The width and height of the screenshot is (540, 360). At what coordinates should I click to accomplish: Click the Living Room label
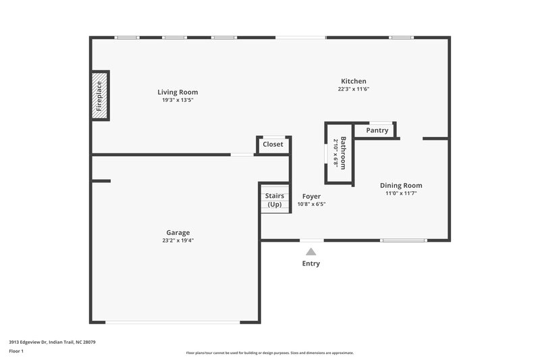[x=178, y=92]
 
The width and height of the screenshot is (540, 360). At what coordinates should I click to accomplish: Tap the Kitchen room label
[x=353, y=81]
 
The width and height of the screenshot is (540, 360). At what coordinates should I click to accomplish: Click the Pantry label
[x=377, y=130]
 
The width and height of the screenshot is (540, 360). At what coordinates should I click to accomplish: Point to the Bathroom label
[x=344, y=153]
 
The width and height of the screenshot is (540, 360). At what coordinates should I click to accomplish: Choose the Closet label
[x=273, y=145]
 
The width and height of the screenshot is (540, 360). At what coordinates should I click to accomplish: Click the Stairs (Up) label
[x=275, y=200]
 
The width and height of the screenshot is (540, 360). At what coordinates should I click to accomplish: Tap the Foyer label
[x=311, y=197]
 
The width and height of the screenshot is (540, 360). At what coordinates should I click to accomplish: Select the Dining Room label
[x=401, y=185]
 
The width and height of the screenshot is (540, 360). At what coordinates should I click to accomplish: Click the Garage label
[x=178, y=232]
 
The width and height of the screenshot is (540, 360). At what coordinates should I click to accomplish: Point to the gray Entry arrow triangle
[x=311, y=251]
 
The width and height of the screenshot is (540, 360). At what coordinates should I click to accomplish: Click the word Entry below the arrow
[x=311, y=263]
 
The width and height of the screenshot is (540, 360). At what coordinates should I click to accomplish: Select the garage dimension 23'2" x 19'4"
[x=178, y=240]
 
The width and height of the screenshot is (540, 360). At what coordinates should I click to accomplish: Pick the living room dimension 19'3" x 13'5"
[x=178, y=100]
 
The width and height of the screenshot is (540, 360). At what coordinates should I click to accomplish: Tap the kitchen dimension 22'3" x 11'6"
[x=354, y=89]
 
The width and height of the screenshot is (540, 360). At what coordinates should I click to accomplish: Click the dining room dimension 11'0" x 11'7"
[x=401, y=193]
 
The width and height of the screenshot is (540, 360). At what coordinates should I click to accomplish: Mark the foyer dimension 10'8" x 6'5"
[x=311, y=204]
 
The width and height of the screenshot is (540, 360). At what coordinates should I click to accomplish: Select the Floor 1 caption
[x=16, y=352]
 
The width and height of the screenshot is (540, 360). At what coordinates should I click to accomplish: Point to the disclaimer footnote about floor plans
[x=269, y=353]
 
